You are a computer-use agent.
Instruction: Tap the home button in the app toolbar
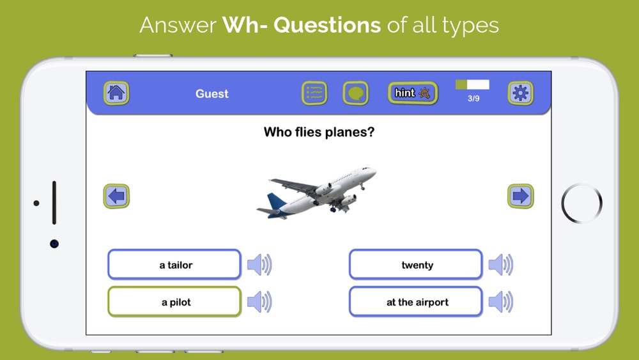116,93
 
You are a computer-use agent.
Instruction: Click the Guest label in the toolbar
212,94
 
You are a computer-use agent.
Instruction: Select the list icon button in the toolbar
314,93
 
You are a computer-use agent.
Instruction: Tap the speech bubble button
356,93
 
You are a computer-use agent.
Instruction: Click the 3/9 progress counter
473,98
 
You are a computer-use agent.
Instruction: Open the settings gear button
520,93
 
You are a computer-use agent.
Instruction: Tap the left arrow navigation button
116,196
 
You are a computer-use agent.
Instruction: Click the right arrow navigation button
520,196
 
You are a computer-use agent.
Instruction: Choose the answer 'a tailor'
174,265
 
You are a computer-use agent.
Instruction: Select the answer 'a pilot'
174,302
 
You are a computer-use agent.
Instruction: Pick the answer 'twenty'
416,265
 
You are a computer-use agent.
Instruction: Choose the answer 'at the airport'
416,302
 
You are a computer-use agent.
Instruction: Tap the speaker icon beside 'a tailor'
259,265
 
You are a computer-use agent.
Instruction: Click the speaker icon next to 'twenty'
501,265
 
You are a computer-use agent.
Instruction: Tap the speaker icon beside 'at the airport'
501,302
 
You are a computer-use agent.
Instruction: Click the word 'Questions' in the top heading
327,26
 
